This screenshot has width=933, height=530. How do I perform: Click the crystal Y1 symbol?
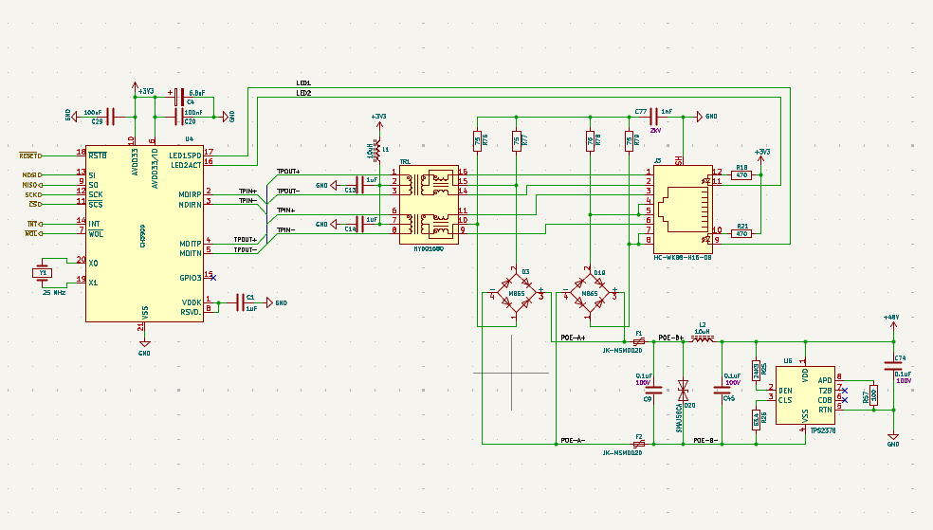point(41,273)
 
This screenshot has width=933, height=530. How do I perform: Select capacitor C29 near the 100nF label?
point(111,116)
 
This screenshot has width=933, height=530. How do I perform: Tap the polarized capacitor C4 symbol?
point(178,95)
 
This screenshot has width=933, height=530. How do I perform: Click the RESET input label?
point(29,155)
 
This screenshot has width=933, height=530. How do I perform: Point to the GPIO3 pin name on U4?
point(190,278)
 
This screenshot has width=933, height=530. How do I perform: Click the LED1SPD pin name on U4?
point(185,155)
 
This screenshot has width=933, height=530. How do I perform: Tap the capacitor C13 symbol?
point(358,185)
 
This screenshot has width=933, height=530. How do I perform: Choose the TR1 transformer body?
point(429,203)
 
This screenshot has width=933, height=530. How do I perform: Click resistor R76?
point(477,141)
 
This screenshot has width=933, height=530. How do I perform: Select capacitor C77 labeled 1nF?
point(653,116)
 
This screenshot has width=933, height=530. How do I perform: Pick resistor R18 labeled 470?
point(741,175)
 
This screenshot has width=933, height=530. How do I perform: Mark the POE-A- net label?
point(572,441)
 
